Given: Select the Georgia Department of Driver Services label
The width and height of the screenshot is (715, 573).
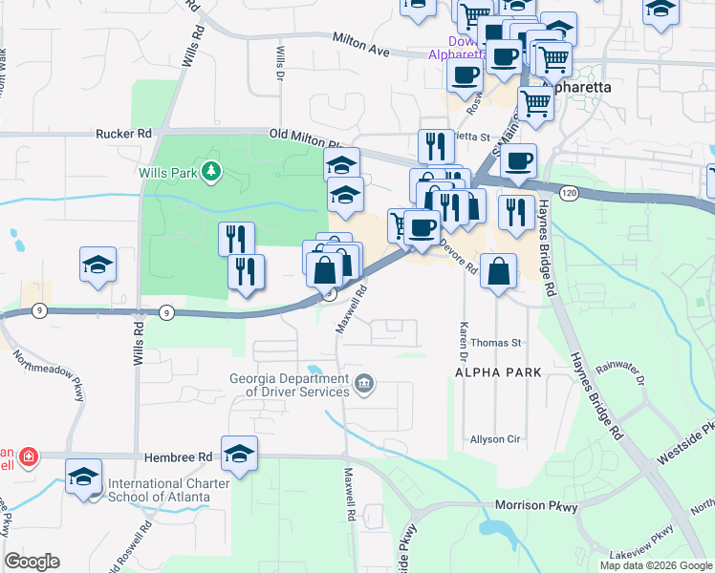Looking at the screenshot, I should (x=289, y=384).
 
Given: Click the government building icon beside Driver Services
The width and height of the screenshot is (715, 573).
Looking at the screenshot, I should (x=363, y=385).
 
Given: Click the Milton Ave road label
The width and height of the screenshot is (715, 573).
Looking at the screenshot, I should (x=360, y=43).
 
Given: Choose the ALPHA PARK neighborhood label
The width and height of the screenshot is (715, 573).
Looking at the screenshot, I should (x=498, y=371).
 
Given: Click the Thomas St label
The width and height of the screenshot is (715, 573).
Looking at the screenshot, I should (x=496, y=342).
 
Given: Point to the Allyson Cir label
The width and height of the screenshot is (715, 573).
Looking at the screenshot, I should (x=494, y=439).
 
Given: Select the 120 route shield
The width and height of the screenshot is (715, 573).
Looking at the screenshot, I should (x=571, y=193).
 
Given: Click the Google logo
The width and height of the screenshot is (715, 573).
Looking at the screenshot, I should (x=32, y=561).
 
